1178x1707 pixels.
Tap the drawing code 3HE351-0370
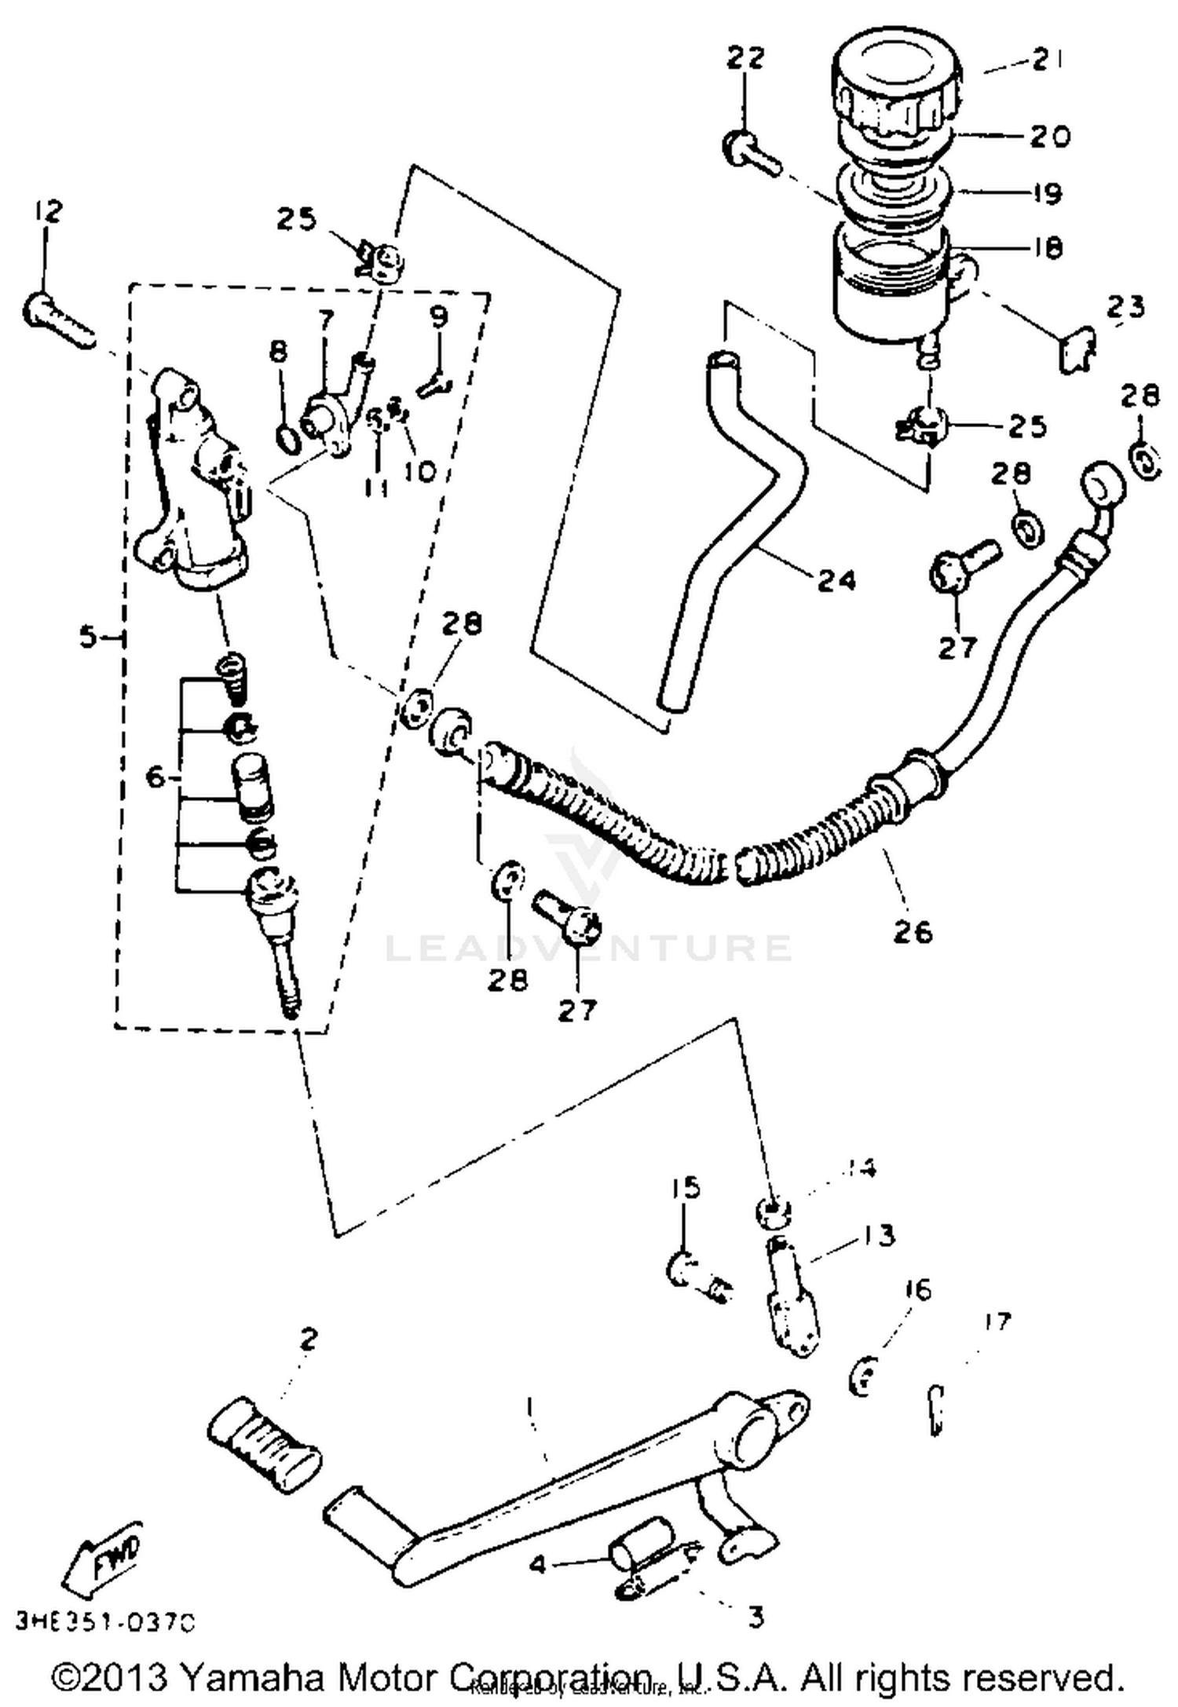(104, 1622)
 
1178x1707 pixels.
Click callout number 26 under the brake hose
(912, 932)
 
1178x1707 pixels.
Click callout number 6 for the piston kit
(155, 777)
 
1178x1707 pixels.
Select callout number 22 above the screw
(744, 57)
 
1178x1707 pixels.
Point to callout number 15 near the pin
(685, 1188)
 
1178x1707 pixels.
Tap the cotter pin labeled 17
(935, 1410)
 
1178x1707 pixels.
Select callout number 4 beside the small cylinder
(537, 1565)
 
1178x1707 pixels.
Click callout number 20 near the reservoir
(1049, 137)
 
